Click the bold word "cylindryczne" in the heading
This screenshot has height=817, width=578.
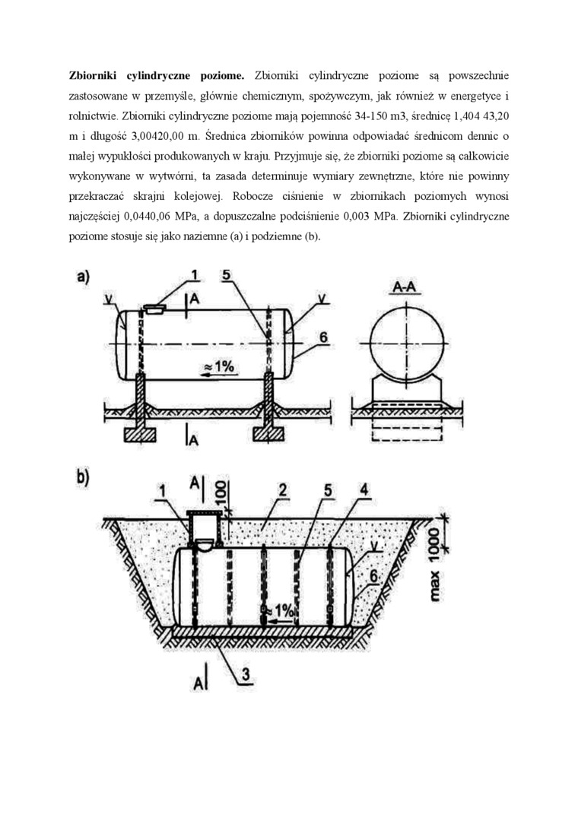click(156, 77)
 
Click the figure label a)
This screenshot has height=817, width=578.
click(83, 278)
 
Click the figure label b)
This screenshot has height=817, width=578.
click(83, 479)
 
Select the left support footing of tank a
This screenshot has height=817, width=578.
click(140, 435)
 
